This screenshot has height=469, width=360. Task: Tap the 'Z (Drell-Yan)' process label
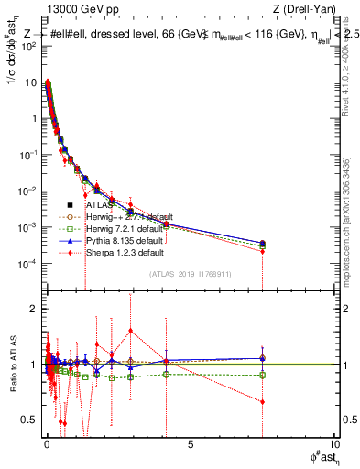(x=306, y=10)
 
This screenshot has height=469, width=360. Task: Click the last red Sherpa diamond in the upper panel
(x=263, y=251)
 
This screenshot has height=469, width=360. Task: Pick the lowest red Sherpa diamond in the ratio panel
(x=263, y=401)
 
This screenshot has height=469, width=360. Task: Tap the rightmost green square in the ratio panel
(x=263, y=375)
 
